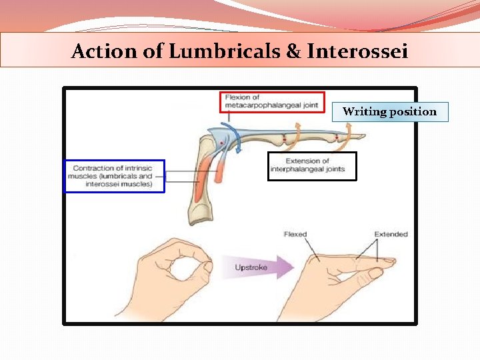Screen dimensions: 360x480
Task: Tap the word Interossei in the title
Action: (x=357, y=51)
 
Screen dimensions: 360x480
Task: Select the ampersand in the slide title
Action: (x=293, y=51)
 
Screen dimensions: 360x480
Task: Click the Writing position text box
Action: (x=390, y=111)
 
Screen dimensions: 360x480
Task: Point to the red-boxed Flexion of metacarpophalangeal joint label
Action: (x=271, y=101)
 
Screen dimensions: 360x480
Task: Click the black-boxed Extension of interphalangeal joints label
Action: (x=311, y=165)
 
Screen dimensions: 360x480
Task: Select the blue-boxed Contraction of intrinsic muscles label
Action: (x=114, y=176)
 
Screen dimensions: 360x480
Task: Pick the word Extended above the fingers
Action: (x=391, y=235)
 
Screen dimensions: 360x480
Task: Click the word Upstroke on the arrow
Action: (x=251, y=267)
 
